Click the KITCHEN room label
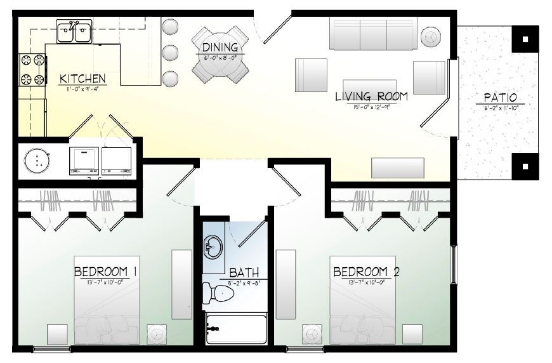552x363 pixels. click(x=82, y=79)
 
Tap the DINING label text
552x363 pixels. click(x=220, y=48)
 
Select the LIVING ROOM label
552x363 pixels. click(x=371, y=98)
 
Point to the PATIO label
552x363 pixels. click(x=500, y=98)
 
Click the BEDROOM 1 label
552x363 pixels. click(x=106, y=272)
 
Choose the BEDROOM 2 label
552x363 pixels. click(x=366, y=272)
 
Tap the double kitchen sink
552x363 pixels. click(x=74, y=29)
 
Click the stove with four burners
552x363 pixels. click(x=33, y=70)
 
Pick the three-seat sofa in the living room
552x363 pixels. click(x=372, y=33)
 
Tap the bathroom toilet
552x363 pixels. click(x=218, y=292)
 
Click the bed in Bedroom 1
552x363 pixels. click(x=107, y=311)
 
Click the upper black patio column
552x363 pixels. click(x=524, y=39)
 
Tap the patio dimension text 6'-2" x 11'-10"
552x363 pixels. click(x=500, y=108)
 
